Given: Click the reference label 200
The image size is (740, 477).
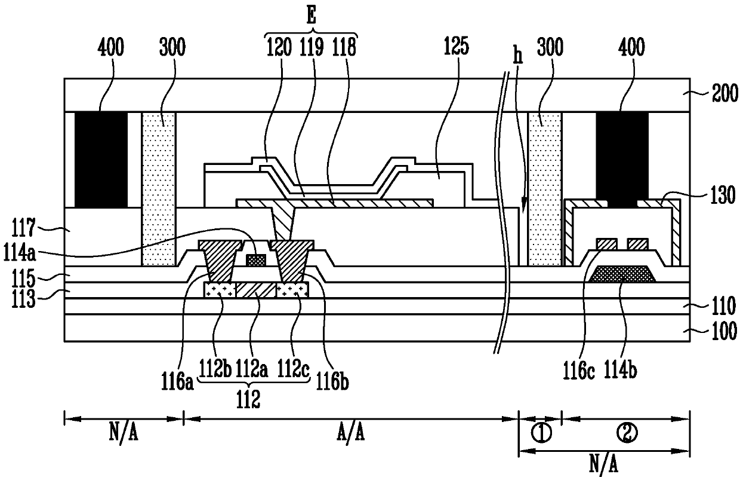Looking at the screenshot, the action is (725, 94).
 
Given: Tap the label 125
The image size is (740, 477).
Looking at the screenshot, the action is (456, 46).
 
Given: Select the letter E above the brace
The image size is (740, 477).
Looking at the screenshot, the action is (311, 15).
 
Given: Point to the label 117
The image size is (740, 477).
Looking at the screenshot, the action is (23, 228).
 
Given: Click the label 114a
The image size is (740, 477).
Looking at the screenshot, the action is (18, 253).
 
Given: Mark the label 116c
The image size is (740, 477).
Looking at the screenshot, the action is (579, 371).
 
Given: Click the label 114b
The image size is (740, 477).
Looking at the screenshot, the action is (621, 371).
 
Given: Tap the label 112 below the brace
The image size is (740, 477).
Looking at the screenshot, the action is (248, 400).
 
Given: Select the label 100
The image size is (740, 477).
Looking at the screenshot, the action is (724, 331).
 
